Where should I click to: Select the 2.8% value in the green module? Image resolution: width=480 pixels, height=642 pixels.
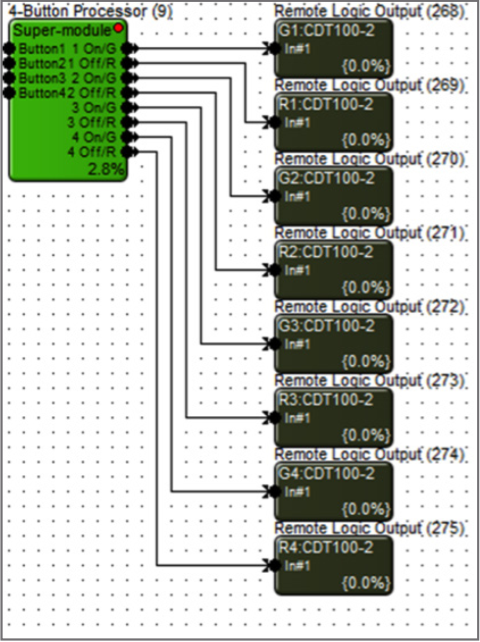(x=106, y=171)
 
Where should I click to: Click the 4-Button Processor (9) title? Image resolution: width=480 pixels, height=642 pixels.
(x=91, y=11)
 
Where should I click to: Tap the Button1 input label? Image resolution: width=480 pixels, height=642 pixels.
(x=37, y=49)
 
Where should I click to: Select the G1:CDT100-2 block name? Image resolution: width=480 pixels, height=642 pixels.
(x=326, y=31)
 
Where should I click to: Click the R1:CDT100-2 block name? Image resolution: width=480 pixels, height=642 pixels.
(x=326, y=105)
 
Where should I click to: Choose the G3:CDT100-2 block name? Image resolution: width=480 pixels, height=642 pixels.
(x=326, y=326)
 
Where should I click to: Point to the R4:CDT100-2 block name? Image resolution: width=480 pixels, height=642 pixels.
(x=326, y=548)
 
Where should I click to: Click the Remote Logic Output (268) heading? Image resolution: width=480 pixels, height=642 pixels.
(x=369, y=11)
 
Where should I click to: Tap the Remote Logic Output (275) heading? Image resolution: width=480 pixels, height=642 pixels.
(x=369, y=528)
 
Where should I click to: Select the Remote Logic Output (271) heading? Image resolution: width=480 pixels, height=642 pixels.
(x=369, y=233)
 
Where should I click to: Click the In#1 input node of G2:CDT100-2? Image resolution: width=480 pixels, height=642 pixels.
(x=275, y=197)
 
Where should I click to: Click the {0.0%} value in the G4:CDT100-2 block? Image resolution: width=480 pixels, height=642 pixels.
(x=366, y=508)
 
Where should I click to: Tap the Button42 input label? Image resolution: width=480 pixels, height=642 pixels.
(x=40, y=93)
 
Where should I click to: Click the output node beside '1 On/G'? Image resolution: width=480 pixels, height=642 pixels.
(x=127, y=49)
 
